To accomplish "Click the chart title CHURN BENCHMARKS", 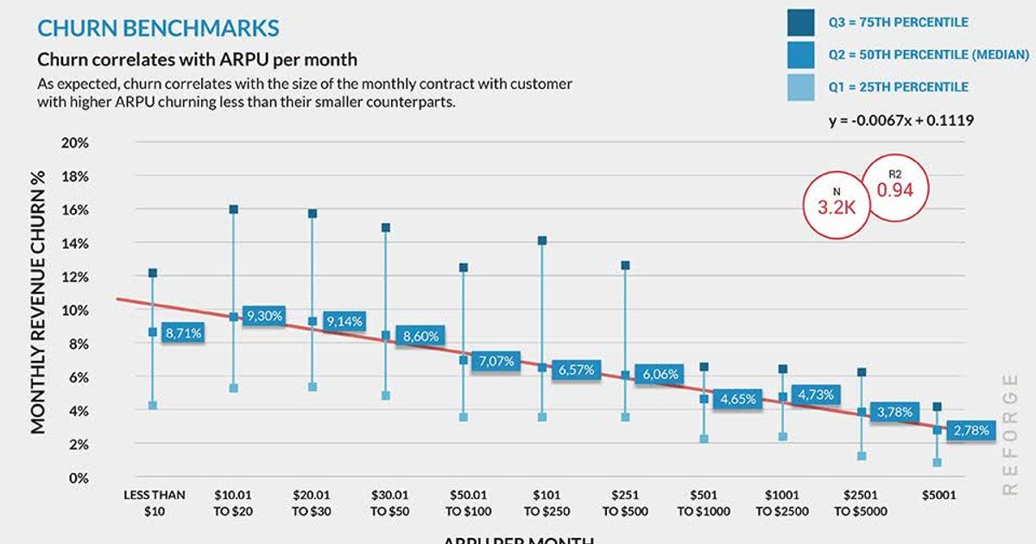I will (x=158, y=28).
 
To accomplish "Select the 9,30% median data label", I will (x=264, y=316).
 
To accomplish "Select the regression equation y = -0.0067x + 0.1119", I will (x=901, y=121).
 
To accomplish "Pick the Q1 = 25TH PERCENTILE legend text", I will (x=898, y=87).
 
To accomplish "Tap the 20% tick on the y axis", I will (x=76, y=142).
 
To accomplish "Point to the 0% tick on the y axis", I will (x=79, y=478).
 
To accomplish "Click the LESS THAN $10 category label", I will (x=154, y=503).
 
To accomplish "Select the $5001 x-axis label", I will (x=937, y=497).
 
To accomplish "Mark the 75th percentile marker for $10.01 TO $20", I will (x=233, y=210).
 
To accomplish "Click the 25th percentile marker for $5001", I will (x=937, y=463).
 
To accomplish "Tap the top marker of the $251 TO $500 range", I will (x=625, y=265).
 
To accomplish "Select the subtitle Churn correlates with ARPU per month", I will (x=197, y=60).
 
